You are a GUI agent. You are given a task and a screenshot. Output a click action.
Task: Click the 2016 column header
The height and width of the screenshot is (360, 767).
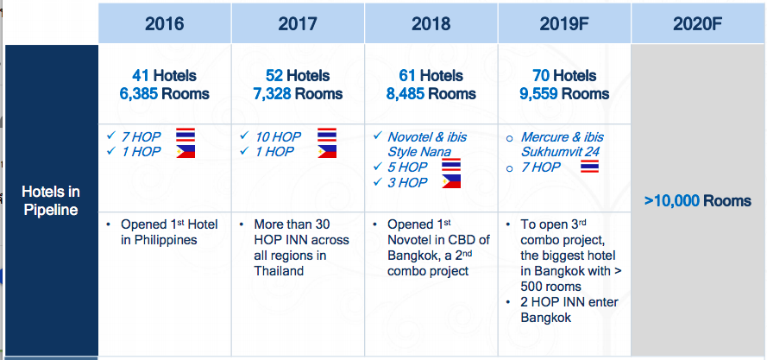point(164,23)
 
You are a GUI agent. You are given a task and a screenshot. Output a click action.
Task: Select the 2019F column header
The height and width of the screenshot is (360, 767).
point(564,23)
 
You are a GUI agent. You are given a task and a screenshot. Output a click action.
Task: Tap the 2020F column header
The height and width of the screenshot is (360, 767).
point(697,23)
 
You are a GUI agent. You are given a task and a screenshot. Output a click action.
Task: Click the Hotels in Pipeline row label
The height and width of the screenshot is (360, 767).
point(51,201)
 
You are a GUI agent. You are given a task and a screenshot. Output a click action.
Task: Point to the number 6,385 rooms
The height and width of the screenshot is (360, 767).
point(139,93)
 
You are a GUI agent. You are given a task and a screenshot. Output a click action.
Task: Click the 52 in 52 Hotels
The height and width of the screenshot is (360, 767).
point(274,75)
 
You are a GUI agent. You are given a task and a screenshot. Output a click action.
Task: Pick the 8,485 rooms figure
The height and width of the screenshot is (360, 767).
point(406,93)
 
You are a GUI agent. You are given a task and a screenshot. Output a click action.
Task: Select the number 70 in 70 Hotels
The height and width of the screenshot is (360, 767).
point(541,75)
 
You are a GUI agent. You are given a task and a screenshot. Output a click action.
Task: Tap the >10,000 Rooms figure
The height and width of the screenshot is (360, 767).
point(697,201)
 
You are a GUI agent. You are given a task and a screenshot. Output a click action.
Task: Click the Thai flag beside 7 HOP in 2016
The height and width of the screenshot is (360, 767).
point(185,136)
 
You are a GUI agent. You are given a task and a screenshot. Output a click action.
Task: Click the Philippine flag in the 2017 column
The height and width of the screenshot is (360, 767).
point(327,151)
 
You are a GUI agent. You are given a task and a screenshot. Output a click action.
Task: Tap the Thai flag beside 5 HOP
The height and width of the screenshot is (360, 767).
point(451,166)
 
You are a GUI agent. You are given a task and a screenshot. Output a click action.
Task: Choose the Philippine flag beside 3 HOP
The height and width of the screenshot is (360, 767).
point(451,181)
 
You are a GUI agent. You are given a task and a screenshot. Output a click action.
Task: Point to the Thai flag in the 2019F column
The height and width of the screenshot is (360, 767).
point(589,167)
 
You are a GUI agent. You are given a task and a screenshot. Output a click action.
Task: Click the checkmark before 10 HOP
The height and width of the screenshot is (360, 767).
point(243,136)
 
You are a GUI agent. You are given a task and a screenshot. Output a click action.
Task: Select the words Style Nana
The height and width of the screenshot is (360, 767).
point(419,152)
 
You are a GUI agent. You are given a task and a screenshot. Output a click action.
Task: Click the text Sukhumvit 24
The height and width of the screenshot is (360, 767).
point(560,152)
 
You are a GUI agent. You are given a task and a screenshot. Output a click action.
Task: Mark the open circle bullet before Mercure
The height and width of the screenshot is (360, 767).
point(509,139)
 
